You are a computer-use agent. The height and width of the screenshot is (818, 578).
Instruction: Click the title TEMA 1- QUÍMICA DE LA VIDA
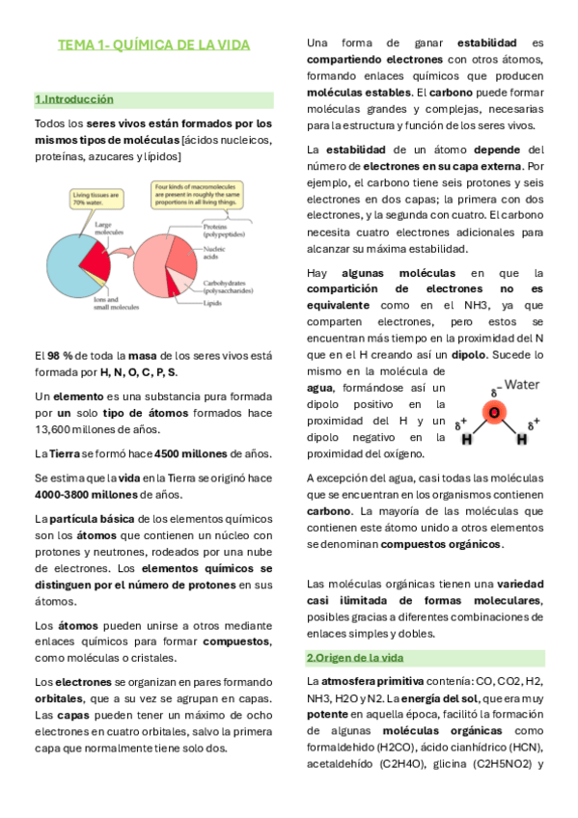point(154,45)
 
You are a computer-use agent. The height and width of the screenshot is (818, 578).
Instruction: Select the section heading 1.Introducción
point(74,99)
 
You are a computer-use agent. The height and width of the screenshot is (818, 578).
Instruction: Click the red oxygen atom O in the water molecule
point(494,412)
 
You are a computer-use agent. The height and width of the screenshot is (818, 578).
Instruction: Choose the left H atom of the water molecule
point(466,439)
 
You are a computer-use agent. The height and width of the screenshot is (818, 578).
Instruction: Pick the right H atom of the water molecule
point(522,439)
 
